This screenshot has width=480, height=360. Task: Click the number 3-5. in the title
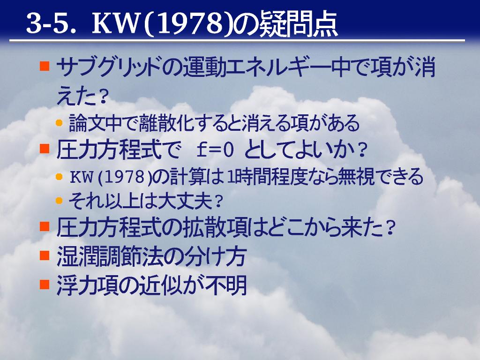pyautogui.click(x=52, y=23)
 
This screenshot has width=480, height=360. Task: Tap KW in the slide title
pyautogui.click(x=115, y=23)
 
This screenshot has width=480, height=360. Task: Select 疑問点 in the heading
pyautogui.click(x=298, y=24)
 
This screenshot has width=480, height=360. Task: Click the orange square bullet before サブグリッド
pyautogui.click(x=45, y=66)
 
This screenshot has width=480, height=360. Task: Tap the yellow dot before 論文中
pyautogui.click(x=60, y=123)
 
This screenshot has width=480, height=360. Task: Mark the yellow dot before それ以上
pyautogui.click(x=60, y=201)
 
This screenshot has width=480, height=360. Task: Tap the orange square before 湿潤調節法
pyautogui.click(x=45, y=255)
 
